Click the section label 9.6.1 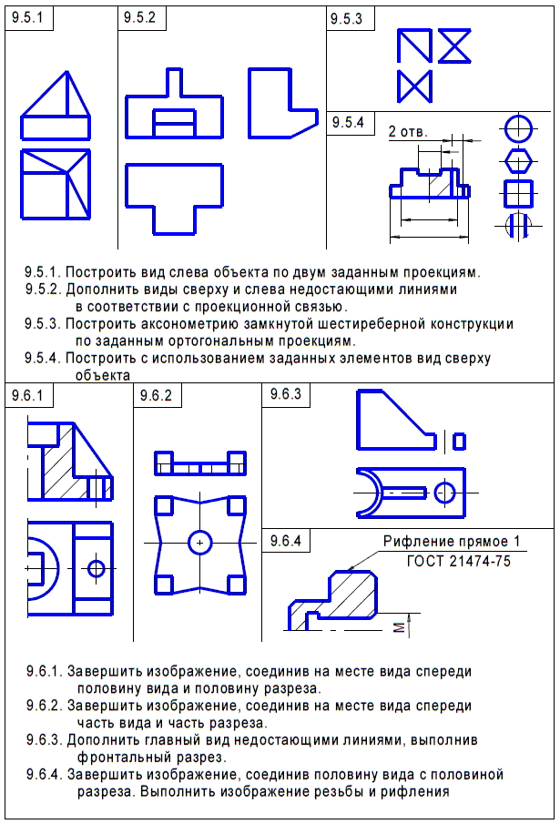28,395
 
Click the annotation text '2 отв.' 407,131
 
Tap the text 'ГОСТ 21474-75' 458,561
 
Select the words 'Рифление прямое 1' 453,544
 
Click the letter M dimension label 396,626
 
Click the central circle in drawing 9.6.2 198,543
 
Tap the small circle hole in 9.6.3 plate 444,493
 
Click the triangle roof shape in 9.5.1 56,97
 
